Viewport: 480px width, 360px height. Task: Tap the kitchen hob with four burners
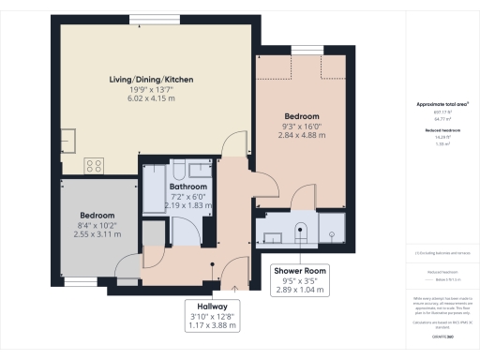(x=95, y=165)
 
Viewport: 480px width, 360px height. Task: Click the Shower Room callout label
(x=299, y=271)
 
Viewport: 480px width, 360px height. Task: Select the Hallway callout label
(x=212, y=306)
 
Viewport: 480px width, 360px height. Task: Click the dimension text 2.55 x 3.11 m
(x=97, y=233)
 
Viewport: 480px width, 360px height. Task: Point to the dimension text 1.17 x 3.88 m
(x=212, y=325)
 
